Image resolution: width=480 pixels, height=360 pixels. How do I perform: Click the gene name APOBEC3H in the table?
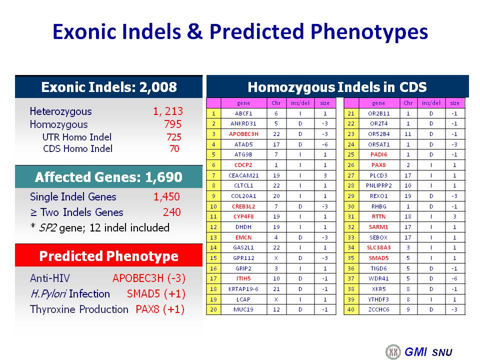tap(243, 134)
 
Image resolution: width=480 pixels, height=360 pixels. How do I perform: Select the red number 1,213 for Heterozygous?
tap(168, 111)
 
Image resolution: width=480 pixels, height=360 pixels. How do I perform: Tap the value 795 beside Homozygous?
tap(172, 124)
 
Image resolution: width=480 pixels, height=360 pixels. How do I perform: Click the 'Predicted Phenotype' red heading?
tap(108, 256)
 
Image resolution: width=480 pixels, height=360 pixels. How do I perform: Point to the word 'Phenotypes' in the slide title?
tap(369, 32)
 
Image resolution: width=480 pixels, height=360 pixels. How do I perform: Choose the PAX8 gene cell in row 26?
tap(378, 165)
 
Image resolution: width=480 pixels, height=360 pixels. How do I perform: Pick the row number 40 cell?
tap(351, 309)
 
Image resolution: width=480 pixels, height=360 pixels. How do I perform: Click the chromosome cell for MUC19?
tap(276, 309)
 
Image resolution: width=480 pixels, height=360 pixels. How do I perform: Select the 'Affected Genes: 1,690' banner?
tap(108, 177)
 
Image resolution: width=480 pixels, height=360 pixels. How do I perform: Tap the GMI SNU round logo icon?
tap(393, 351)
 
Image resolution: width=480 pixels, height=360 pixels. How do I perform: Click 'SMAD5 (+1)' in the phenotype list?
tap(156, 294)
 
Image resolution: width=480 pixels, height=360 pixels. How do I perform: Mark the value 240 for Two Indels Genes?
tap(171, 212)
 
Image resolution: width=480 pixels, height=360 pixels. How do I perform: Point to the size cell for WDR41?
tap(454, 278)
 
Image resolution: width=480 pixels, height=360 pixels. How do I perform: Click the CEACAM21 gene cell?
tap(243, 175)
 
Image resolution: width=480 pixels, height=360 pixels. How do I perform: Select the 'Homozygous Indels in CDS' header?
tap(337, 87)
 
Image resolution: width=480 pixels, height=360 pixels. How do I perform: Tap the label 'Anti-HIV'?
tap(50, 278)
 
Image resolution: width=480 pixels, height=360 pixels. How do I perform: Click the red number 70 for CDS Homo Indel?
tap(174, 149)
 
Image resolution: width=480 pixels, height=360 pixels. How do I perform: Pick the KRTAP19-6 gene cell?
tap(243, 289)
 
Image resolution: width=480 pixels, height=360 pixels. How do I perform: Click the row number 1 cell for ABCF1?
tap(213, 113)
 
